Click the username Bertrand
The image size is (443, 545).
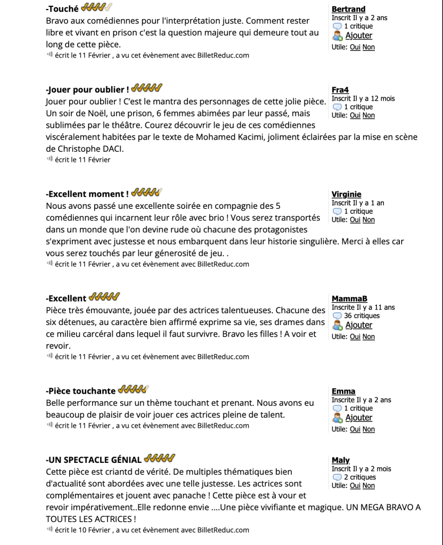click(x=348, y=9)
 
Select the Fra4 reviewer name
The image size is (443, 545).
click(x=340, y=90)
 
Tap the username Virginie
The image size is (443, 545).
click(x=346, y=194)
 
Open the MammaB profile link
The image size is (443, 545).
click(x=349, y=299)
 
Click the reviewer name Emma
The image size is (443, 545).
click(x=343, y=392)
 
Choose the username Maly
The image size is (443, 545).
click(x=340, y=460)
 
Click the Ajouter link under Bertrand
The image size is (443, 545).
click(x=358, y=36)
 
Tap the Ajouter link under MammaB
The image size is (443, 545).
click(x=358, y=325)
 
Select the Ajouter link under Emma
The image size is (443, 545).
click(x=358, y=418)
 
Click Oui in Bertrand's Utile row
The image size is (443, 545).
click(x=355, y=47)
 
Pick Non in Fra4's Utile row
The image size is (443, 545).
click(x=368, y=116)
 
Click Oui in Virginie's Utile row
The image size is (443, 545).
click(x=355, y=220)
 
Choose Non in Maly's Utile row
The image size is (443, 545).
click(x=368, y=486)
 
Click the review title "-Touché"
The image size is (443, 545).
click(x=63, y=9)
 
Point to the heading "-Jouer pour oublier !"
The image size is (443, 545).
click(x=87, y=90)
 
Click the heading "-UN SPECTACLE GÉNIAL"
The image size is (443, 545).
click(x=94, y=460)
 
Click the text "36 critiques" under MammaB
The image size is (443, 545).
click(x=362, y=316)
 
